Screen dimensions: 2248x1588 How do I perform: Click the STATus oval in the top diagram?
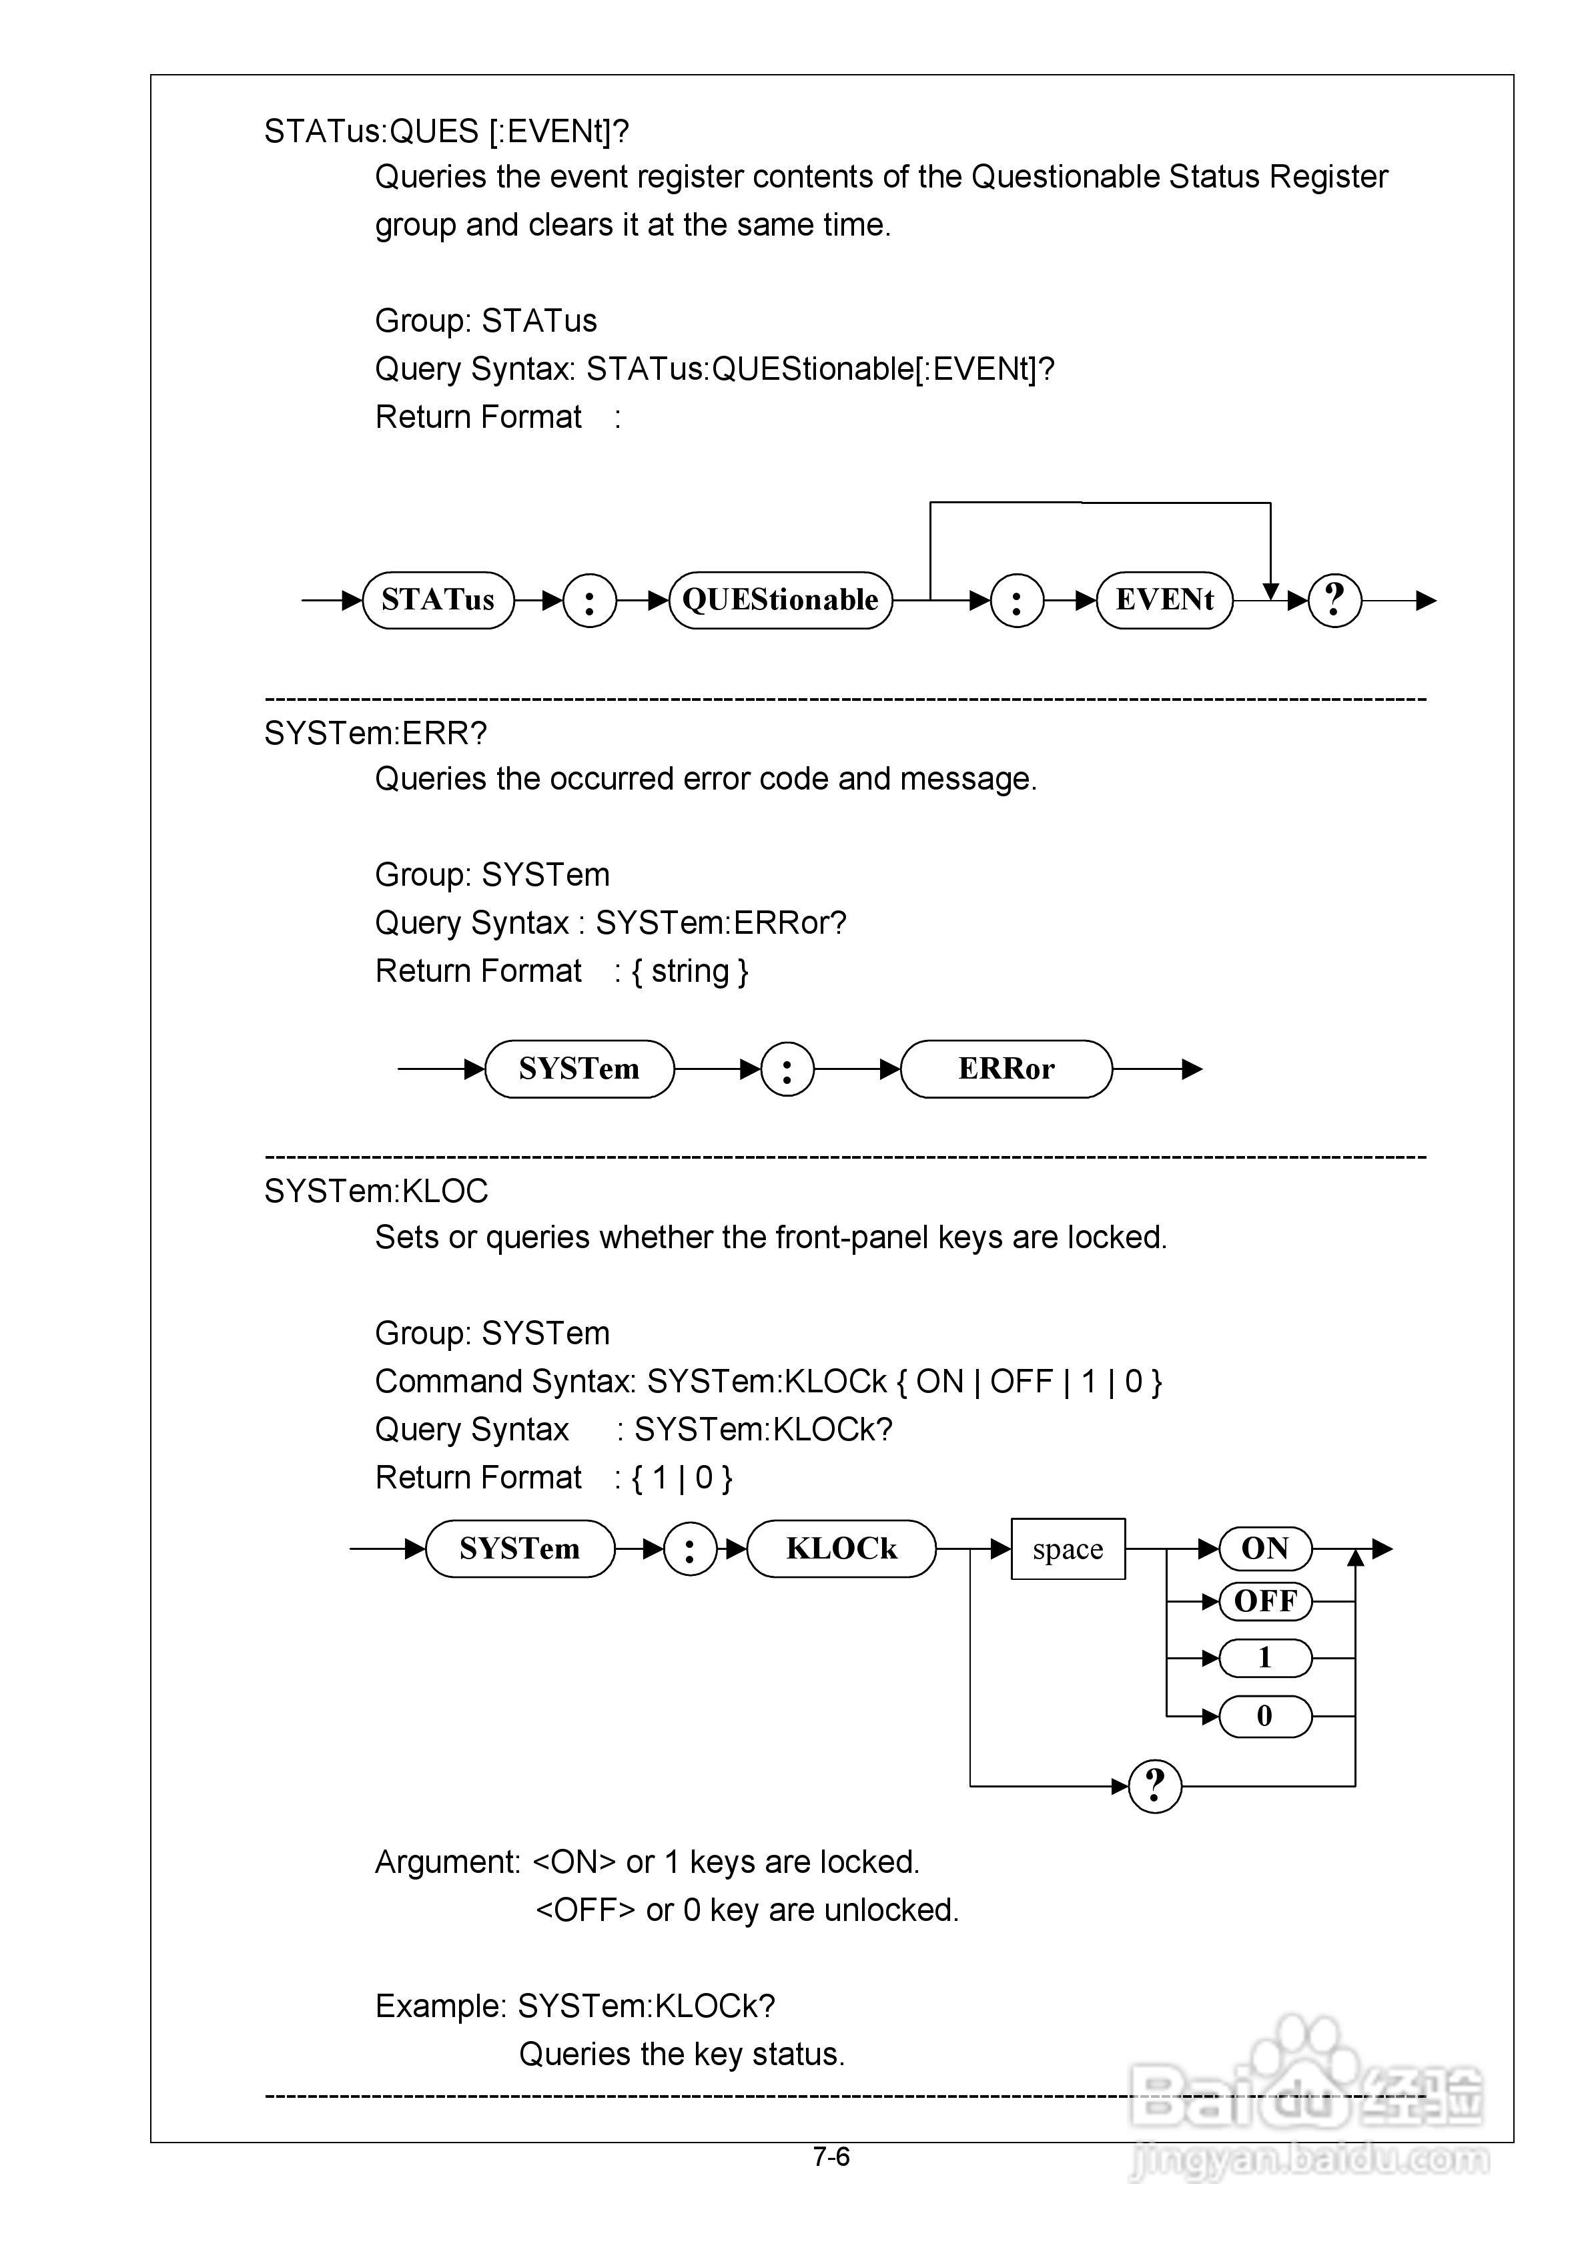pos(438,600)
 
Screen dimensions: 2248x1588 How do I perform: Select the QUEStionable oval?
pos(780,600)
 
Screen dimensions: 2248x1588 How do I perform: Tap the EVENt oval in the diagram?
pos(1164,600)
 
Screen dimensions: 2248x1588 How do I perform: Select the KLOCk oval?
pos(841,1549)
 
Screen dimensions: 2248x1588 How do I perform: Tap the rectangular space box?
pos(1067,1549)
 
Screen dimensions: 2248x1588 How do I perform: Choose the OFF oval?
pos(1265,1602)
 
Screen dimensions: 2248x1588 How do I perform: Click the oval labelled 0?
pos(1265,1716)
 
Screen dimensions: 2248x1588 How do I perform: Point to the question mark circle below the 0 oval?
pos(1155,1786)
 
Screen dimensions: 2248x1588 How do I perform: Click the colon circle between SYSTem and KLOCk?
pos(689,1549)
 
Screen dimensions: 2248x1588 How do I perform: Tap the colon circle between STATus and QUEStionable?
pos(589,600)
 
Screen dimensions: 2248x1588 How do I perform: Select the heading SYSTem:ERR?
pos(375,734)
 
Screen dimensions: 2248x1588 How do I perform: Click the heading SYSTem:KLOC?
pos(376,1191)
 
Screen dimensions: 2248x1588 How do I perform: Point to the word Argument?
pos(448,1862)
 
